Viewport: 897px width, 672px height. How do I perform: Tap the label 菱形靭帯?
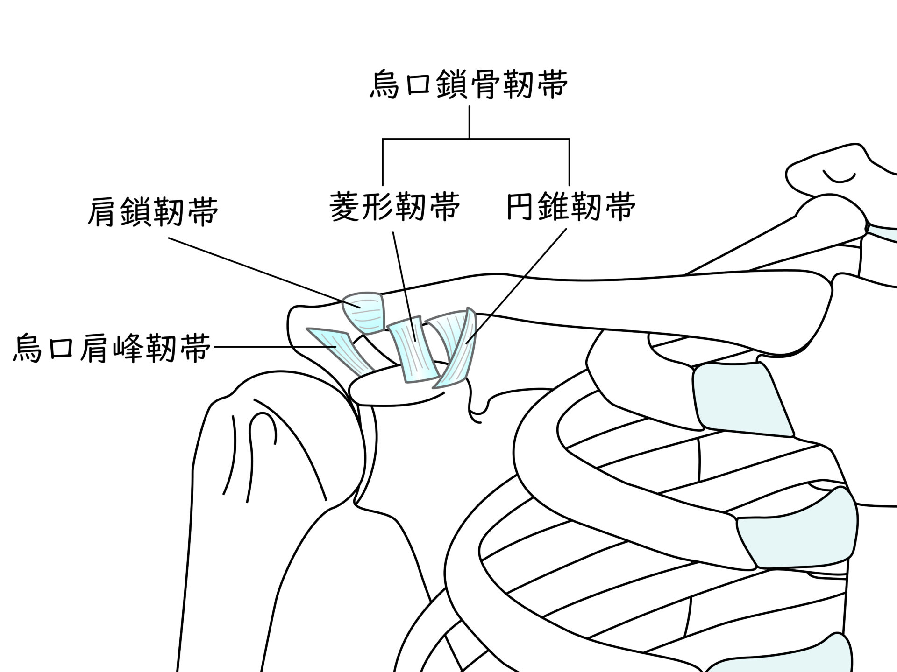pyautogui.click(x=395, y=206)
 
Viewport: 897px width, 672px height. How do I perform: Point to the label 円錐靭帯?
pyautogui.click(x=571, y=206)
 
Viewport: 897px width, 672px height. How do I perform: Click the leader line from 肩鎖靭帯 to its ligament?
pyautogui.click(x=262, y=271)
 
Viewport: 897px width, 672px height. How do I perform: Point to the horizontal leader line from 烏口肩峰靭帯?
pyautogui.click(x=271, y=347)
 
